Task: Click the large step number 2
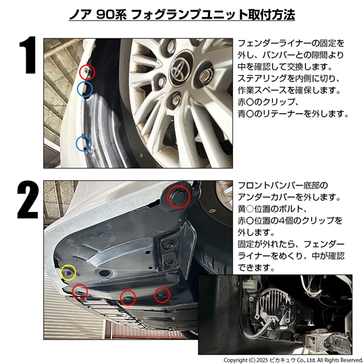(x=28, y=200)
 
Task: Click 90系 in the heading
(x=112, y=15)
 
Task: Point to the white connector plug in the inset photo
(x=249, y=285)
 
